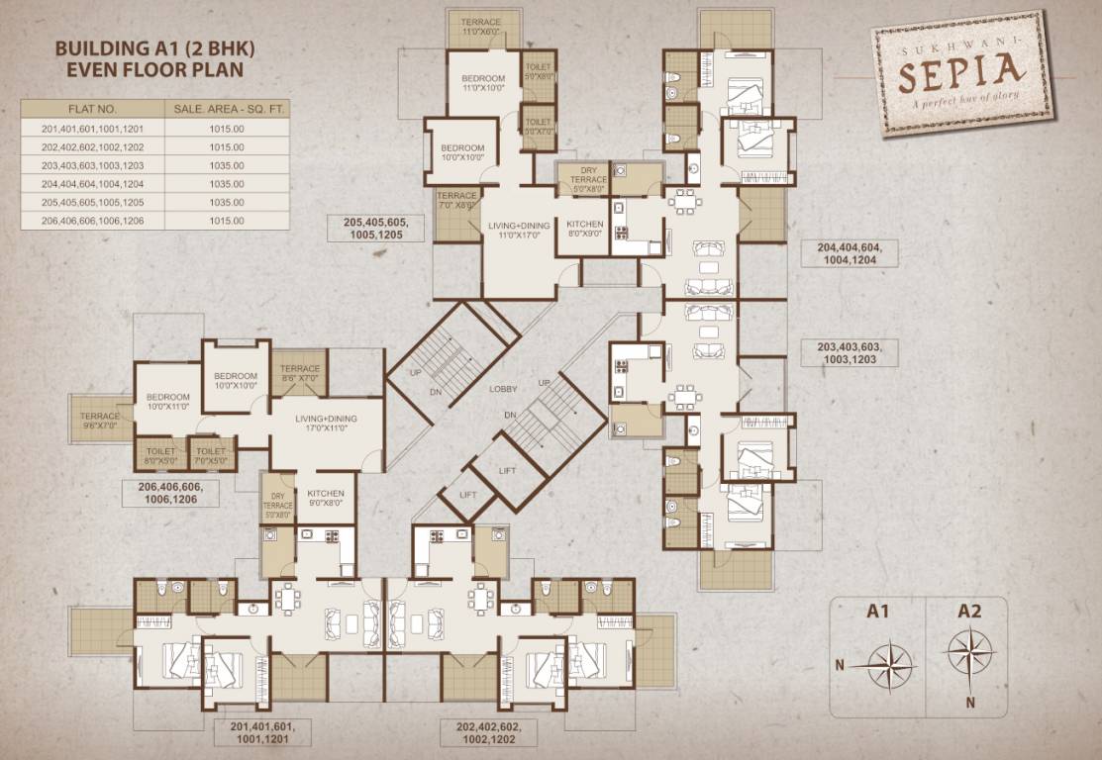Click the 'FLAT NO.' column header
(93, 109)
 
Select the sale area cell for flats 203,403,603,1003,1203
(226, 164)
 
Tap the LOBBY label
(503, 389)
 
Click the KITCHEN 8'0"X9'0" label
(585, 229)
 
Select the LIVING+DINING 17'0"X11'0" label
(326, 424)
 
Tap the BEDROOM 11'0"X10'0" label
(484, 83)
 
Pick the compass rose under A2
(969, 651)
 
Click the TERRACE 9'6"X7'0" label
(100, 421)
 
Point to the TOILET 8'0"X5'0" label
(159, 456)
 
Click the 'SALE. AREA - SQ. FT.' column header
(226, 109)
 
